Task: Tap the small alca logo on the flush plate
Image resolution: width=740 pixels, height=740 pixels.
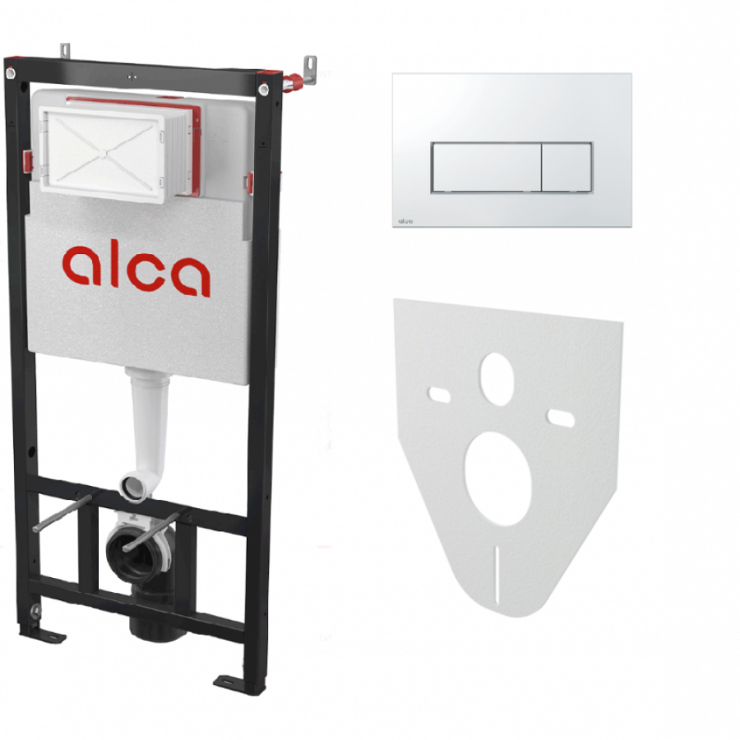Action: (x=405, y=220)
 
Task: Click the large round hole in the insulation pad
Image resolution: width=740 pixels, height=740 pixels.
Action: (x=498, y=479)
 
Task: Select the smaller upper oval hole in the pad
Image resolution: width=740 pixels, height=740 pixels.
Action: (x=497, y=378)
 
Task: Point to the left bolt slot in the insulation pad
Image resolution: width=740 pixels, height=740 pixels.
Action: (x=439, y=395)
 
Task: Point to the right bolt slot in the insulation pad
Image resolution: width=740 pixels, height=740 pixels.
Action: (x=561, y=419)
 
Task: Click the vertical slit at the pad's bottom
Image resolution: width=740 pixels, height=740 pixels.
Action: (x=497, y=575)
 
